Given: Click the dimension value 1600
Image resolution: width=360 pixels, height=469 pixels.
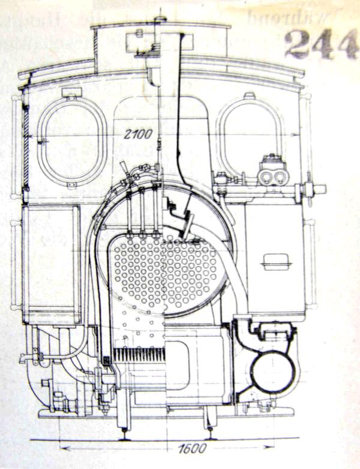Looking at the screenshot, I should pyautogui.click(x=192, y=448).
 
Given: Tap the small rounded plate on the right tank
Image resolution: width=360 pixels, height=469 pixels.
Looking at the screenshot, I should pyautogui.click(x=277, y=259).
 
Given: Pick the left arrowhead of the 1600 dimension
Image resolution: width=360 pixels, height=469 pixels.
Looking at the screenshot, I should pyautogui.click(x=64, y=447).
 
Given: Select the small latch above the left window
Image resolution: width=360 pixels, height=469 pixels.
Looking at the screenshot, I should pyautogui.click(x=72, y=93).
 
